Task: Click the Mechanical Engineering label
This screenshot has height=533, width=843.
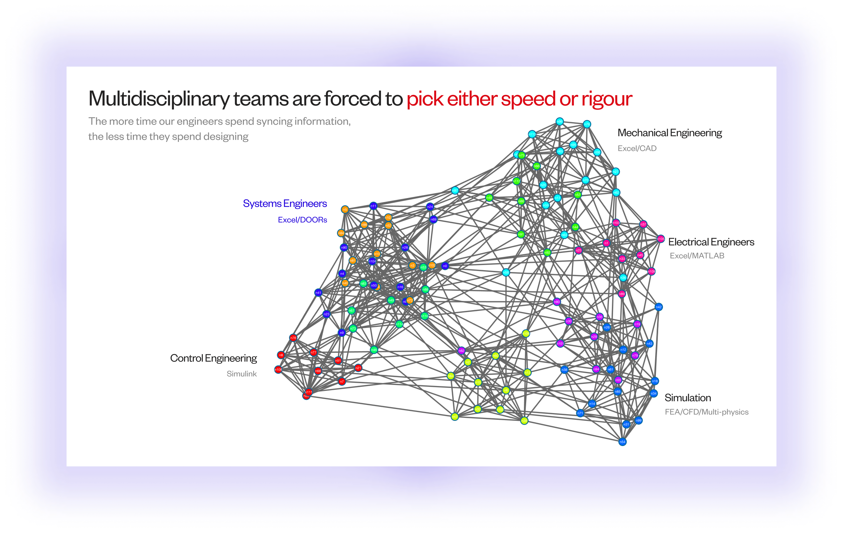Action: coord(669,133)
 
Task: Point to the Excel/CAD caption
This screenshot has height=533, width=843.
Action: coord(637,148)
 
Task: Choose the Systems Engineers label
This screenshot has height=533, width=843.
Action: coord(285,204)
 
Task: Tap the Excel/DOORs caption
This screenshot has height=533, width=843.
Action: coord(302,220)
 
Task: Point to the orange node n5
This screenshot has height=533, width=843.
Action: coord(345,209)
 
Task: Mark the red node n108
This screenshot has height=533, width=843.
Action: coord(278,370)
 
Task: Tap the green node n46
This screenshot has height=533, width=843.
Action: coord(374,350)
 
